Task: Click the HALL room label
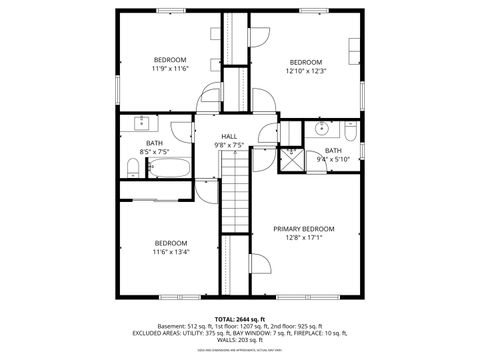[x=229, y=136]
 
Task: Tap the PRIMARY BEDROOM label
[x=303, y=229]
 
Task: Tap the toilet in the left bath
[x=133, y=163]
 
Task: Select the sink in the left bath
[x=141, y=123]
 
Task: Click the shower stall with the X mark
[x=292, y=158]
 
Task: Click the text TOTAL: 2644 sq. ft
[x=239, y=318]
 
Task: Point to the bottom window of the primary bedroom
[x=310, y=297]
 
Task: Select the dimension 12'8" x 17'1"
[x=303, y=238]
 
